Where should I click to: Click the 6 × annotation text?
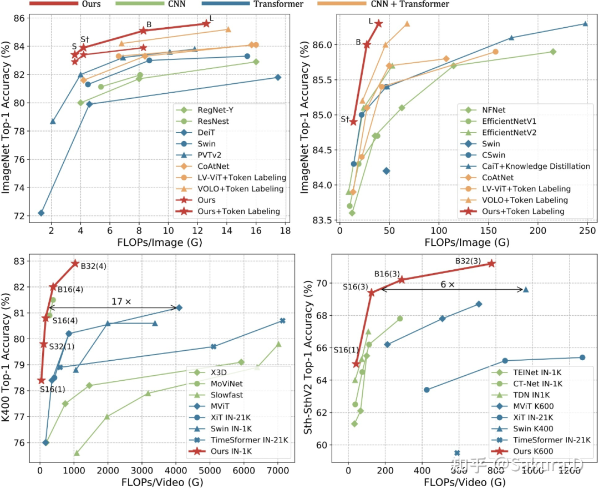pyautogui.click(x=447, y=284)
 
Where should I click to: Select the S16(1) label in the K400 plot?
pyautogui.click(x=52, y=389)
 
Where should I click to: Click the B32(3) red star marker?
pyautogui.click(x=491, y=263)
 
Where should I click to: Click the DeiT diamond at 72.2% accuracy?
pyautogui.click(x=41, y=213)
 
